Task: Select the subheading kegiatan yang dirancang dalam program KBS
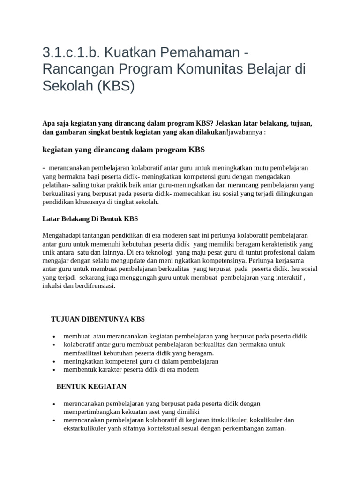pyautogui.click(x=124, y=150)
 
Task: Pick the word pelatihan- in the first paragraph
pyautogui.click(x=57, y=185)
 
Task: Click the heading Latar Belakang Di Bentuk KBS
pyautogui.click(x=90, y=219)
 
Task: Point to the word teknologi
pyautogui.click(x=157, y=253)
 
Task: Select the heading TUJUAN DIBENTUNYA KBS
pyautogui.click(x=98, y=319)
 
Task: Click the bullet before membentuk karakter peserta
pyautogui.click(x=55, y=370)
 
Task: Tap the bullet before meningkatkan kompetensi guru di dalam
pyautogui.click(x=55, y=362)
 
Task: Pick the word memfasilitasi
pyautogui.click(x=85, y=353)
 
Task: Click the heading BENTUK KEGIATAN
pyautogui.click(x=91, y=387)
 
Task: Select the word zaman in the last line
pyautogui.click(x=275, y=428)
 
